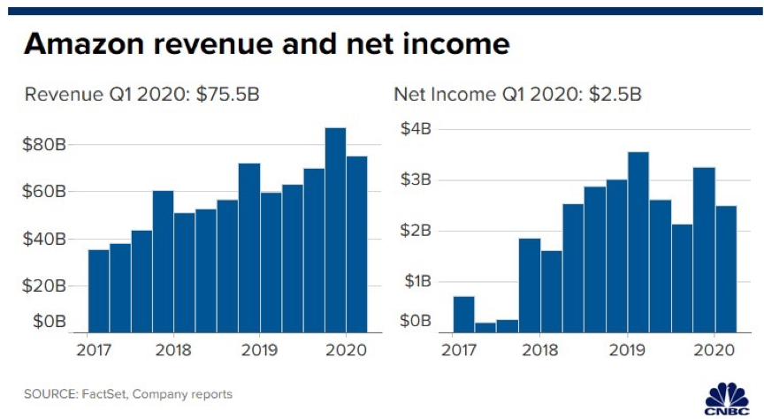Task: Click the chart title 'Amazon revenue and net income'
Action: click(x=266, y=43)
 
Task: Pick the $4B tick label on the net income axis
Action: click(x=416, y=129)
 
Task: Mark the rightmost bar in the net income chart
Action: click(x=725, y=267)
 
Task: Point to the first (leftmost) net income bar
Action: click(x=463, y=312)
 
